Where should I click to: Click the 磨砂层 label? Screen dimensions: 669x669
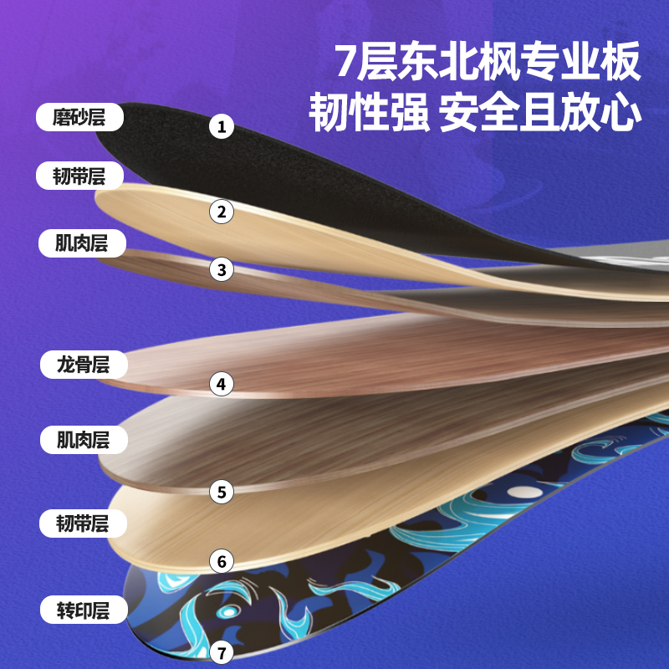pyautogui.click(x=79, y=118)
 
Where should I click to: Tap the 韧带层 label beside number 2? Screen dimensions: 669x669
pyautogui.click(x=79, y=176)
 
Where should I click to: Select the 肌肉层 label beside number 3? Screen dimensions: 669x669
pyautogui.click(x=82, y=243)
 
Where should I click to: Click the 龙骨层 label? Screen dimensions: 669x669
pyautogui.click(x=82, y=365)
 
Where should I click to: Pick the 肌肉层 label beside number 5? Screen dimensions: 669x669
pyautogui.click(x=82, y=439)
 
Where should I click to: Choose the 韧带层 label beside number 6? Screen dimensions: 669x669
pyautogui.click(x=82, y=524)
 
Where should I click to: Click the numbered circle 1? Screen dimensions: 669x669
pyautogui.click(x=222, y=127)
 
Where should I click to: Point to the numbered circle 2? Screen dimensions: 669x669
pyautogui.click(x=222, y=212)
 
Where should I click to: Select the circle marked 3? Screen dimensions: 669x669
pyautogui.click(x=222, y=269)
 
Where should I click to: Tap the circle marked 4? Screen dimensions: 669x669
pyautogui.click(x=222, y=385)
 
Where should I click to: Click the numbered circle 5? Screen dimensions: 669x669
pyautogui.click(x=222, y=492)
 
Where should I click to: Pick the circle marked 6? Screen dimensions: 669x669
pyautogui.click(x=222, y=560)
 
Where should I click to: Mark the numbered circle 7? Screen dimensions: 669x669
pyautogui.click(x=222, y=652)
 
